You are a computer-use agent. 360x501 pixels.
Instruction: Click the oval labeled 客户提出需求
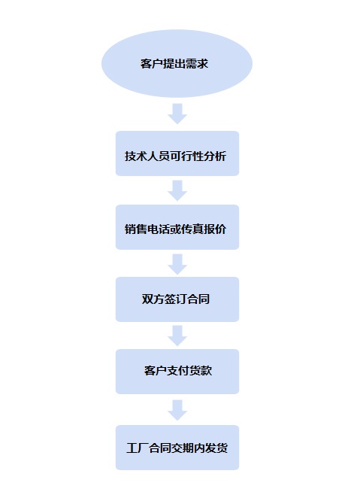point(177,64)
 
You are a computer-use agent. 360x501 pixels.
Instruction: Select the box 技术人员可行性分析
point(177,153)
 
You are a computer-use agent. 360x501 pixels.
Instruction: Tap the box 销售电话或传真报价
point(177,227)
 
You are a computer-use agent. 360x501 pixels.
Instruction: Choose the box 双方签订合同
point(177,299)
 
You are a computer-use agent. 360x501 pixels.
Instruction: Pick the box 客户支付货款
point(177,372)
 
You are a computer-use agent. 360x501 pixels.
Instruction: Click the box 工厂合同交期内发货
point(177,448)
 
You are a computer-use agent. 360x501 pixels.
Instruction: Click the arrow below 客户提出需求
point(177,114)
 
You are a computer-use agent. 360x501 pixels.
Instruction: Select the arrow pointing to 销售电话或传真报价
point(177,190)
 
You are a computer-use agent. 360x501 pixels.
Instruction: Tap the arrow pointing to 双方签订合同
point(177,264)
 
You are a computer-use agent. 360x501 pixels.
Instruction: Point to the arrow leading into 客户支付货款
point(177,336)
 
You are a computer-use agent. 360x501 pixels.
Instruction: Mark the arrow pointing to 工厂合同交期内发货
point(177,410)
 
